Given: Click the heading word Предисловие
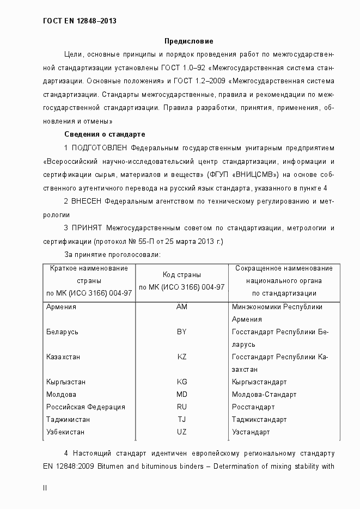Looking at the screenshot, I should (x=189, y=41).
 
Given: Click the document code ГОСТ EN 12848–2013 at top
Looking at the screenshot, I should (x=80, y=21).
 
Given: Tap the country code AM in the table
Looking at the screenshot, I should (x=181, y=306).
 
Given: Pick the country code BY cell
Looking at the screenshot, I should (x=181, y=332).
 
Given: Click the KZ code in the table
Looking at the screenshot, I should (x=181, y=357).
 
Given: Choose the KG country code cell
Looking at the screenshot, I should (x=181, y=382).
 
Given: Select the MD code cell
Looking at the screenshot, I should (x=181, y=394).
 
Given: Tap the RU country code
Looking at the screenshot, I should (x=181, y=407).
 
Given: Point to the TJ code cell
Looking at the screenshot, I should (x=181, y=419).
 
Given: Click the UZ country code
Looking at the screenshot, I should (x=181, y=432).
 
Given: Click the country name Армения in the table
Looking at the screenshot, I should (x=62, y=306).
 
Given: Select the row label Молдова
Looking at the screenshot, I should (x=62, y=394).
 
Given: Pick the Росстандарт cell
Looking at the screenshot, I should (x=253, y=407).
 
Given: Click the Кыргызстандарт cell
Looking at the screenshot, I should (x=259, y=382).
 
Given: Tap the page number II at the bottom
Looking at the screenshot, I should (x=45, y=488).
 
